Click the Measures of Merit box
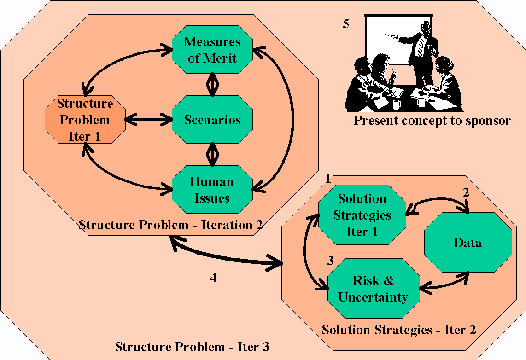pos(212,50)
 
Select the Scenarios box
pos(212,120)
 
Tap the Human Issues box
pos(212,189)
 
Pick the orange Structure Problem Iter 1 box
pos(85,120)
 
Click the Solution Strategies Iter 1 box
pos(362,215)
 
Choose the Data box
pos(468,242)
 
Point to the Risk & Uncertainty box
pos(374,288)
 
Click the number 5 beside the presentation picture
pos(346,23)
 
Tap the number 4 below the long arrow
pos(213,277)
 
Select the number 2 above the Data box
pos(466,193)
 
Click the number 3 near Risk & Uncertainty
pos(330,261)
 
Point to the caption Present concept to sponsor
pos(432,120)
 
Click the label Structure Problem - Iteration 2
pos(170,225)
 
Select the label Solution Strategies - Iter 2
pos(399,330)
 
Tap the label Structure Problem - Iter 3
pos(192,347)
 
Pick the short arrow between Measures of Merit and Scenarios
pos(212,84)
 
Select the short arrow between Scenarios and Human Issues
pos(212,155)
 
